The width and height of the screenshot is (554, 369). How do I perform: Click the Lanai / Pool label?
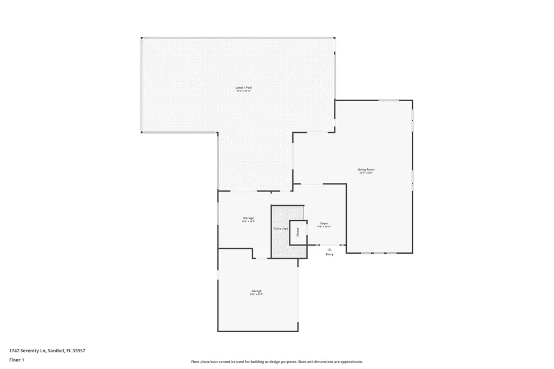(x=243, y=87)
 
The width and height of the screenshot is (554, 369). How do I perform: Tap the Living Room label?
(x=366, y=169)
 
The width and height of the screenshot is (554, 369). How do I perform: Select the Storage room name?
(x=248, y=218)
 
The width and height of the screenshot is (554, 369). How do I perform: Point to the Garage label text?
(x=256, y=291)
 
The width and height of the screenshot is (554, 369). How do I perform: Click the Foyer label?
(x=324, y=223)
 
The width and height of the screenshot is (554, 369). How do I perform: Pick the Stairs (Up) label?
(x=280, y=229)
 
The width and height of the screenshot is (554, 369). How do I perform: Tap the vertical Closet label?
(x=298, y=232)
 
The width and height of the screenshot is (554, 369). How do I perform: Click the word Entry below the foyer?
(x=329, y=254)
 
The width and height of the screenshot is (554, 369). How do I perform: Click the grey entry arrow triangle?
(x=329, y=249)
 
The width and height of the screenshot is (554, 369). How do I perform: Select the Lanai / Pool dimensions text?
(x=243, y=91)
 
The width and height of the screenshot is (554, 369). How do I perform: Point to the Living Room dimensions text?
(x=366, y=173)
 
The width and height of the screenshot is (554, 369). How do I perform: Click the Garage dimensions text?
(x=256, y=294)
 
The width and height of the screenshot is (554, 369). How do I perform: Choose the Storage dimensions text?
(x=248, y=221)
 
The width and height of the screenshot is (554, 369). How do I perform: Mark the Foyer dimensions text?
(x=324, y=226)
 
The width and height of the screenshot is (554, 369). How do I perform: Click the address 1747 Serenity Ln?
(x=47, y=351)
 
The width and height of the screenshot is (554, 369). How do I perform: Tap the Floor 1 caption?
(x=16, y=360)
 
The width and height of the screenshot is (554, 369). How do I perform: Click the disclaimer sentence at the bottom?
(x=276, y=361)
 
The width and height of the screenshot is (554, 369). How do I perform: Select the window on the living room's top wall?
(x=388, y=100)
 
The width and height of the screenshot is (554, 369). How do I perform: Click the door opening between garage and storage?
(x=261, y=258)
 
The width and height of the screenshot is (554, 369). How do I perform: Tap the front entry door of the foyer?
(x=329, y=245)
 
